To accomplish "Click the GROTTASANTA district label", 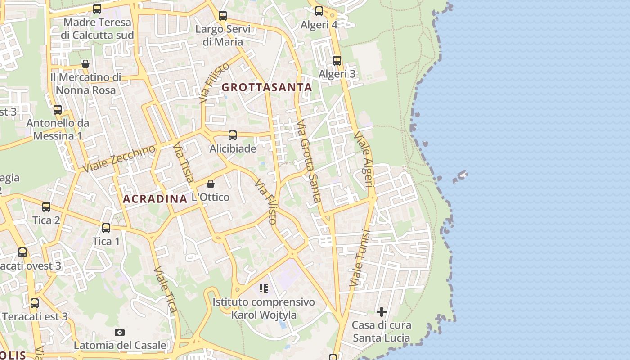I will click(267, 87).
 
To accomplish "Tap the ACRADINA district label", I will click(155, 199).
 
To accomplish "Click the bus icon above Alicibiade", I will click(233, 135).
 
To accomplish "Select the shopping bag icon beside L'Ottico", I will click(211, 184).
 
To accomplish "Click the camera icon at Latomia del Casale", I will click(119, 332).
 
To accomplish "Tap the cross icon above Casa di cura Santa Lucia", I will click(382, 311).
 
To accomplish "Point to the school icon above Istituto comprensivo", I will click(264, 288).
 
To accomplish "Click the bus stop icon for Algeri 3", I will click(337, 61).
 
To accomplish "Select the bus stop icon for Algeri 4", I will click(319, 11).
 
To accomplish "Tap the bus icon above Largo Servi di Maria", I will click(223, 16).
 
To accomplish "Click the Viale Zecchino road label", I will click(119, 158).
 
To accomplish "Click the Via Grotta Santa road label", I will click(310, 161).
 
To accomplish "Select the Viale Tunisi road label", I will click(360, 258).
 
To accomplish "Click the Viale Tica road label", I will click(165, 289).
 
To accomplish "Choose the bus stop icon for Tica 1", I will click(106, 228).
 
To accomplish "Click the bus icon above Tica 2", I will click(46, 207).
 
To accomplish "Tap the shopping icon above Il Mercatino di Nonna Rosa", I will click(85, 64).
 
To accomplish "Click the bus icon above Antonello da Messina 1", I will click(58, 109).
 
